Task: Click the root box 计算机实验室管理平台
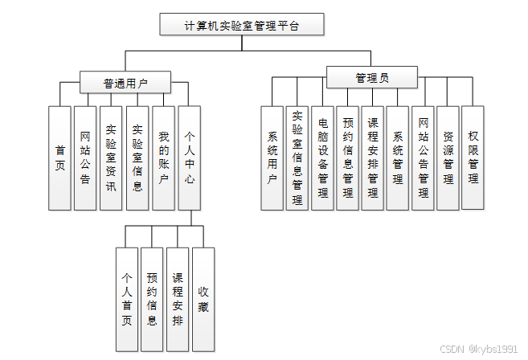pos(242,25)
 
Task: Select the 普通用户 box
pos(125,82)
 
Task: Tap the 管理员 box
pos(371,78)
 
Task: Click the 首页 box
pos(59,158)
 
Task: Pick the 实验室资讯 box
pos(111,158)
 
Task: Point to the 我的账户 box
pos(163,158)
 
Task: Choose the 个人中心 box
pos(189,158)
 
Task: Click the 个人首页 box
pos(126,300)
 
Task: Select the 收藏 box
pos(203,300)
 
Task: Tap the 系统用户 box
pos(272,158)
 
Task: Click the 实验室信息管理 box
pos(297,158)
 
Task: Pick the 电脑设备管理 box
pos(322,158)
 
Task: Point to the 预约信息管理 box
pos(347,158)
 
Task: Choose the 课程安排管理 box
pos(372,158)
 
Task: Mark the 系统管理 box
pos(397,158)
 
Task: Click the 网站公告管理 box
pos(423,158)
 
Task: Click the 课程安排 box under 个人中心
pos(178,300)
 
